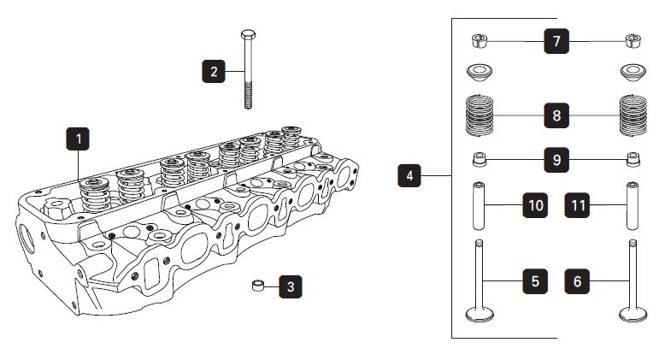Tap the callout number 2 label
coord(214,69)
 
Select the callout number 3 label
coord(291,286)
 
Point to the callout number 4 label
coord(410,176)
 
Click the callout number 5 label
coord(535,280)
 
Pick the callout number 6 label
coord(578,280)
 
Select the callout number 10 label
coord(535,205)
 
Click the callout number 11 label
coord(578,205)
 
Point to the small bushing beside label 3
coord(256,285)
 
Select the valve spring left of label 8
coord(481,115)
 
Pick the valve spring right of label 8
coord(633,115)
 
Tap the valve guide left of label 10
coord(480,205)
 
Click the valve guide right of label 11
coord(633,205)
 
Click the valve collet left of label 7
coord(480,39)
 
